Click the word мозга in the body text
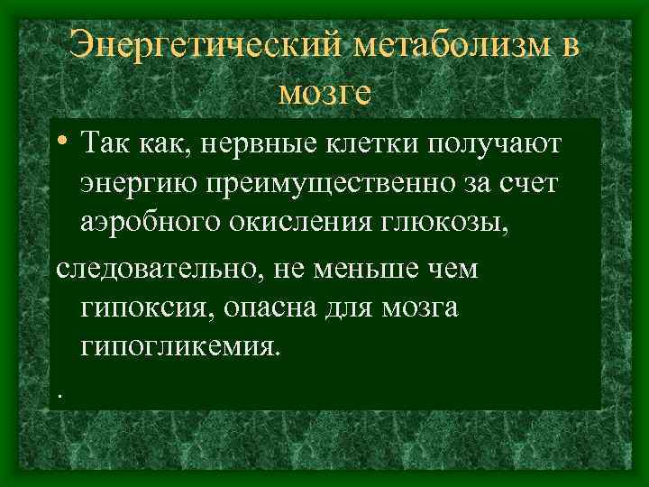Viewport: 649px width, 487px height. [x=417, y=309]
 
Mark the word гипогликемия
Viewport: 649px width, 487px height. [x=180, y=350]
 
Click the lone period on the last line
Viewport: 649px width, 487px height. [x=59, y=392]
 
